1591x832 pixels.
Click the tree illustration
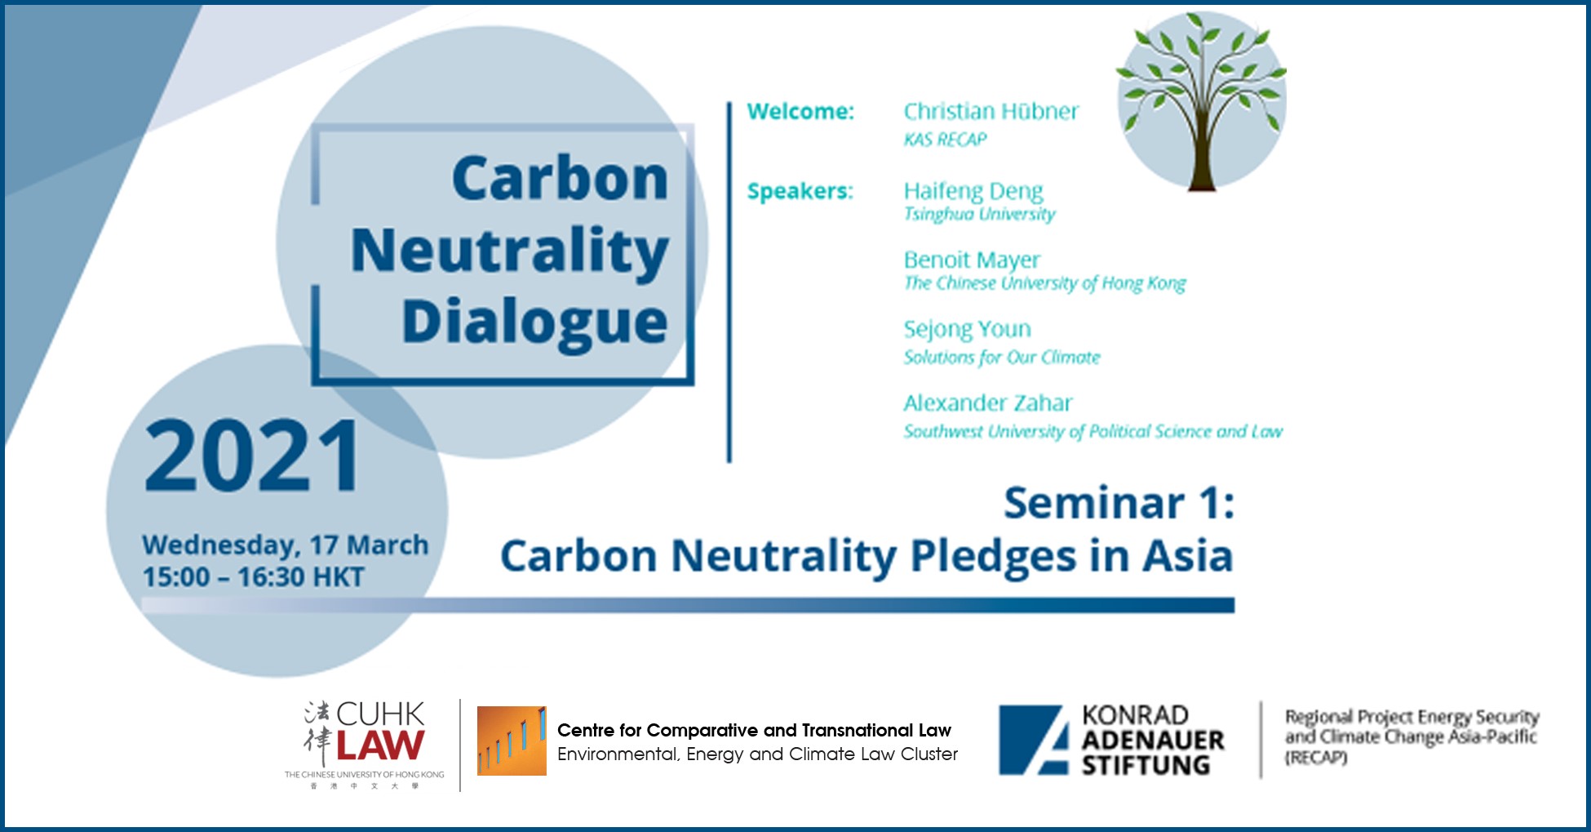pos(1201,102)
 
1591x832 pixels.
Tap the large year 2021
pos(252,456)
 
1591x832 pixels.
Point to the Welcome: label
pos(800,111)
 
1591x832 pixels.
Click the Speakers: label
pos(800,191)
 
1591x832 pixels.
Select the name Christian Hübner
pos(990,111)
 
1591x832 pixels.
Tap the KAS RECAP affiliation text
pos(945,140)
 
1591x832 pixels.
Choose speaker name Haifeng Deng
pos(973,191)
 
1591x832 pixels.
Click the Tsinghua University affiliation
pos(979,214)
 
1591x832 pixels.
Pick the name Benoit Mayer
pos(971,260)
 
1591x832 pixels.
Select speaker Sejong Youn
pos(967,329)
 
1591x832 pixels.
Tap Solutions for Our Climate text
pos(1001,358)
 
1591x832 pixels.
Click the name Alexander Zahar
pos(987,403)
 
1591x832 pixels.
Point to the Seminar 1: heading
pos(1119,502)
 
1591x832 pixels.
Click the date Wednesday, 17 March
pos(285,545)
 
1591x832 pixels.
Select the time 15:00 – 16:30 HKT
pos(253,577)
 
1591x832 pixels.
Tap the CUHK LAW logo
pos(365,744)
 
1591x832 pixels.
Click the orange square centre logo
pos(512,741)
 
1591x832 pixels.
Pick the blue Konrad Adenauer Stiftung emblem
pos(1034,740)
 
